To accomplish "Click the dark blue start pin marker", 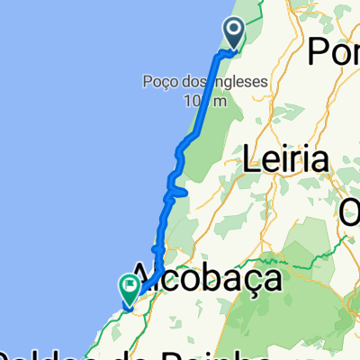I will point(234,32).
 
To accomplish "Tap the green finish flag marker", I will point(128,288).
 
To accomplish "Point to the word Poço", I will point(159,83).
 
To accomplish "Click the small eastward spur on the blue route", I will point(180,192).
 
